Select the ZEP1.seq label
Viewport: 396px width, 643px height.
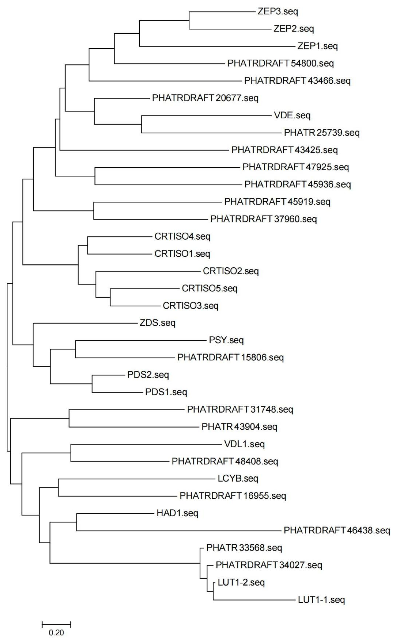[x=318, y=46]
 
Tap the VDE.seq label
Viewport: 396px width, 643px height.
[x=292, y=115]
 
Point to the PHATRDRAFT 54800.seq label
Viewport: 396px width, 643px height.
[x=280, y=63]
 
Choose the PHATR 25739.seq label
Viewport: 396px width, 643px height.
[x=322, y=133]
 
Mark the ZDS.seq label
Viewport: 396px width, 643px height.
[x=157, y=323]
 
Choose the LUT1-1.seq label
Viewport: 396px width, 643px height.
[x=321, y=600]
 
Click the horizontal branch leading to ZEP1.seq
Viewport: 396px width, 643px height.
[x=217, y=47]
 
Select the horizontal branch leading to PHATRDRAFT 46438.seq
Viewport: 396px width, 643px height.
[x=178, y=531]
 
